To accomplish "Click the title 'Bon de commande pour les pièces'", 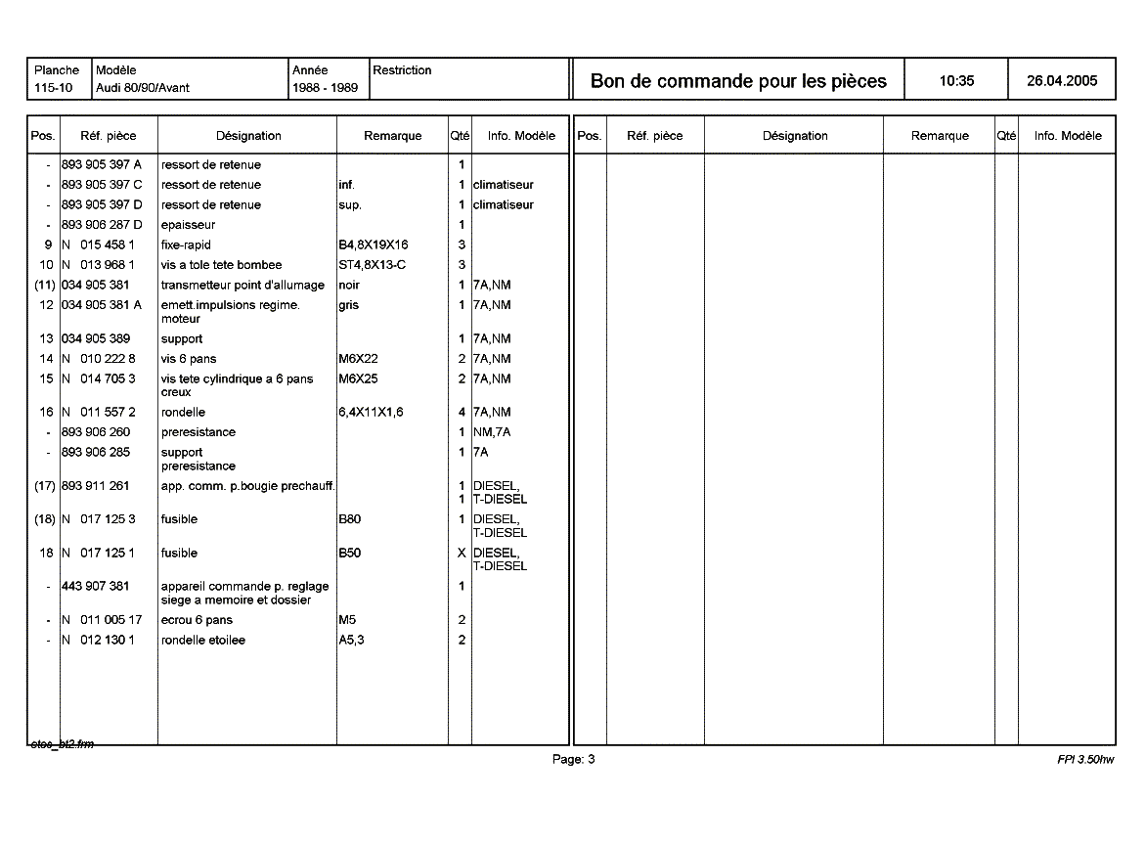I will (738, 81).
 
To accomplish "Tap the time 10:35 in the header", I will (956, 81).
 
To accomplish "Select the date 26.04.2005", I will (1062, 81).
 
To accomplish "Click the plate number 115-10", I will (53, 88).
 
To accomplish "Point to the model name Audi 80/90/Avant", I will (143, 88).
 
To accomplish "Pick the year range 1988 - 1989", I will (325, 88).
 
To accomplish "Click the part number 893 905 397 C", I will (101, 185).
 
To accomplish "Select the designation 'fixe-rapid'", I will (186, 245).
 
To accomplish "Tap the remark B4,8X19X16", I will (373, 245).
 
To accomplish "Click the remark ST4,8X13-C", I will (372, 265).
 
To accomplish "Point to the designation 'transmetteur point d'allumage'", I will (242, 285).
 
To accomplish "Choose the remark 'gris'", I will (349, 305).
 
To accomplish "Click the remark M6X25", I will (358, 378).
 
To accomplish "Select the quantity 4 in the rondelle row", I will (462, 413).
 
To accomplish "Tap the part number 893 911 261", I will (95, 486).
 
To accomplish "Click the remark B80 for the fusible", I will (349, 519).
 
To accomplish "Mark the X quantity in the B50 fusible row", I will (462, 553).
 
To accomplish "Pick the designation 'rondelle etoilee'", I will (203, 641).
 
